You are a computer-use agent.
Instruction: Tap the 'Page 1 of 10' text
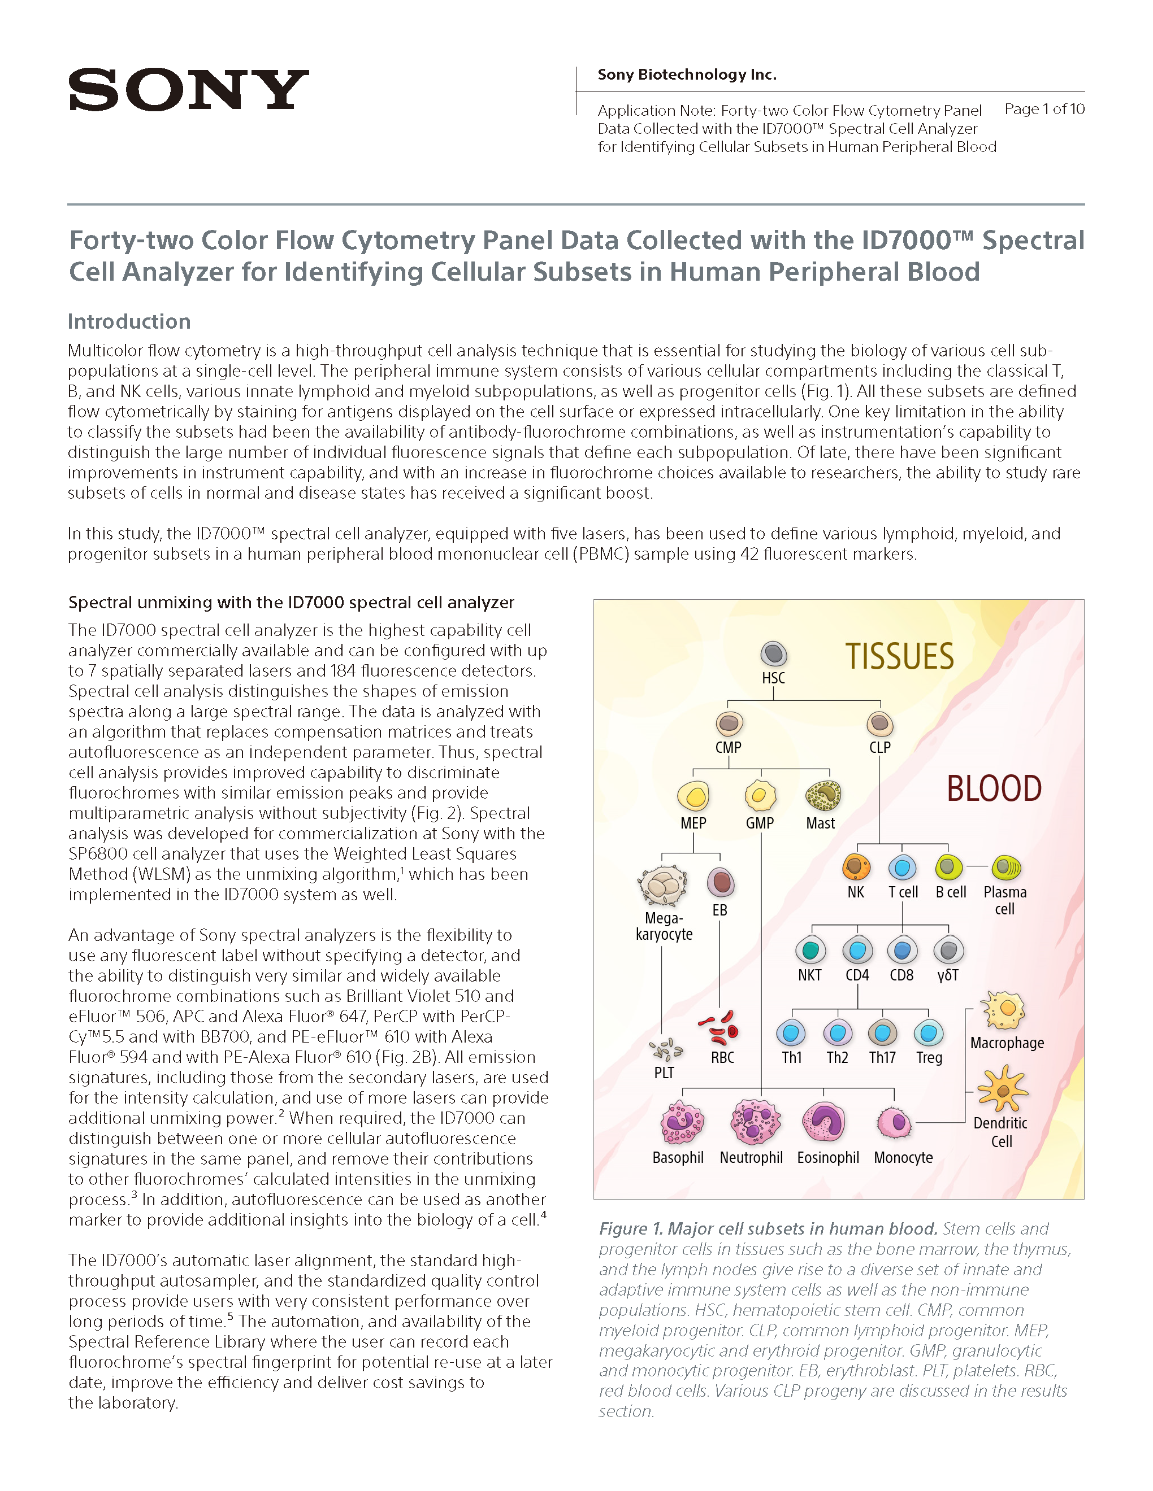(x=1044, y=109)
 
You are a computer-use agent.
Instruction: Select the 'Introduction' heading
(x=129, y=321)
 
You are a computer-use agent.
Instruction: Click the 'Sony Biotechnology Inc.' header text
(x=687, y=75)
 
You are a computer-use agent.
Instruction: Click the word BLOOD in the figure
(x=994, y=788)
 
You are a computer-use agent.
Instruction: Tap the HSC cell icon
(x=773, y=654)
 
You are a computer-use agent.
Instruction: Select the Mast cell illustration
(x=822, y=795)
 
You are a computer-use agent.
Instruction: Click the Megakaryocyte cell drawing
(x=662, y=886)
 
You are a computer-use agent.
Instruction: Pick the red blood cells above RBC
(x=720, y=1028)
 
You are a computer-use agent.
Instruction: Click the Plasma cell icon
(x=1005, y=867)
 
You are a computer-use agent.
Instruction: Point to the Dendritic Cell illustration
(x=1002, y=1090)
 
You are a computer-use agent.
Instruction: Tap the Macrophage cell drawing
(x=1003, y=1010)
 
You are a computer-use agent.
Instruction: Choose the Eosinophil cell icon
(x=823, y=1122)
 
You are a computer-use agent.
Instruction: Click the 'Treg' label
(x=929, y=1057)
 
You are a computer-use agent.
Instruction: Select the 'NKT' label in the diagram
(x=809, y=975)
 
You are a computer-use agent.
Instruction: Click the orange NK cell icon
(x=856, y=867)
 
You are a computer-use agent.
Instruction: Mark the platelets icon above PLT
(x=665, y=1049)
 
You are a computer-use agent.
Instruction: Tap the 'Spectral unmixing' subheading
(x=291, y=602)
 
